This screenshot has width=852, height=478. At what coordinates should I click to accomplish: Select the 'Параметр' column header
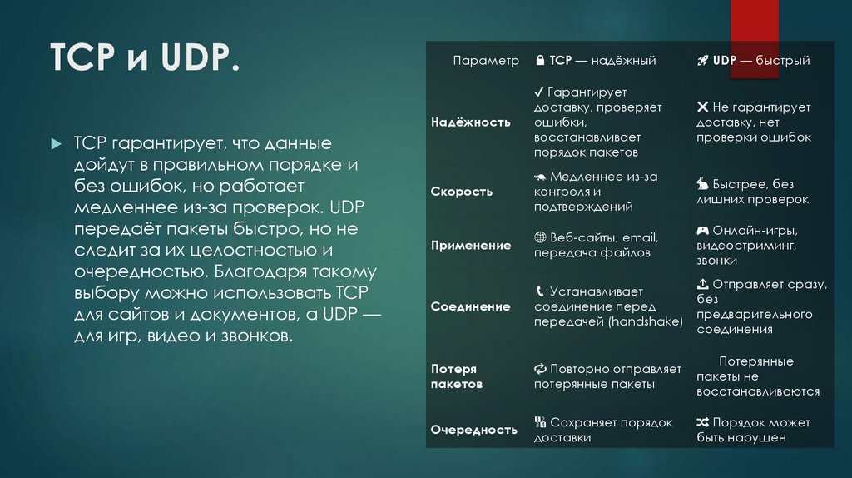tap(486, 61)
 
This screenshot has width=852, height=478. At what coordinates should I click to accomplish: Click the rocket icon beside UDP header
tap(701, 61)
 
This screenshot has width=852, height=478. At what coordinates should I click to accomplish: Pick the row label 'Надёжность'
tap(470, 122)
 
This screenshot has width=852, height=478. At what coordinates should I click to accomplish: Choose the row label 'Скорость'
tap(462, 192)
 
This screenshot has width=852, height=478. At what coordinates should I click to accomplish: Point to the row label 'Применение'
tap(471, 246)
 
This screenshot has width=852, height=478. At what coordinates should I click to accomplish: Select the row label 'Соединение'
tap(470, 306)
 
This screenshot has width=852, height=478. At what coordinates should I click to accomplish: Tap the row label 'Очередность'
tap(473, 430)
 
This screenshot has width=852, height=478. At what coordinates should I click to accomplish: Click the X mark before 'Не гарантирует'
tap(702, 107)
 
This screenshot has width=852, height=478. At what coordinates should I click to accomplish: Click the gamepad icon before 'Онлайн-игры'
tap(702, 230)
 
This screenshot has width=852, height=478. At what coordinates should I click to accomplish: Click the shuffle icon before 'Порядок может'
tap(702, 423)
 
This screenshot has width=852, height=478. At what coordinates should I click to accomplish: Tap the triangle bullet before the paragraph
tap(56, 144)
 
